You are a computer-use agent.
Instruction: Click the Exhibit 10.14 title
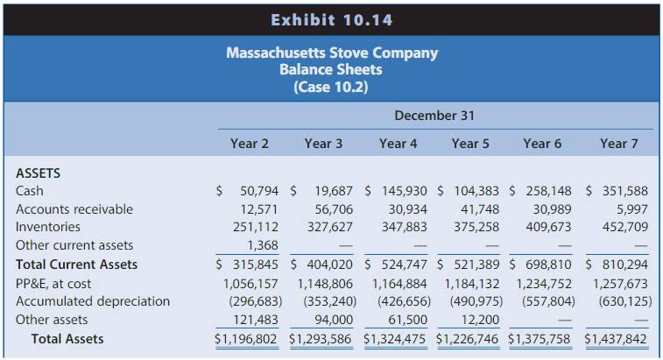pyautogui.click(x=331, y=19)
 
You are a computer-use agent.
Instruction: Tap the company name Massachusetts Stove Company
pyautogui.click(x=332, y=53)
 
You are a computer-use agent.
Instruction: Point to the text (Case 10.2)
pyautogui.click(x=332, y=87)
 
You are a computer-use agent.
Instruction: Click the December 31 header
pyautogui.click(x=432, y=116)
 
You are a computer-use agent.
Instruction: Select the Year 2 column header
pyautogui.click(x=250, y=144)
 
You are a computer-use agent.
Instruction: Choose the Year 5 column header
pyautogui.click(x=470, y=144)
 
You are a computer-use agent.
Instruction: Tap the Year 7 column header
pyautogui.click(x=619, y=144)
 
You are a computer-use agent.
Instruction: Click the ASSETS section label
pyautogui.click(x=39, y=173)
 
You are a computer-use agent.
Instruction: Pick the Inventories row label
pyautogui.click(x=48, y=227)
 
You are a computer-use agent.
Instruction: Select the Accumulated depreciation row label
pyautogui.click(x=93, y=301)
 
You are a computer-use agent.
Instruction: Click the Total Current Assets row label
pyautogui.click(x=77, y=265)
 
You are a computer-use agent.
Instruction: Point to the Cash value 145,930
pyautogui.click(x=404, y=190)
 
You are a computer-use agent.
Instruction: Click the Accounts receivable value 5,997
pyautogui.click(x=631, y=208)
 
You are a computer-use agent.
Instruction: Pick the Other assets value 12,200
pyautogui.click(x=481, y=320)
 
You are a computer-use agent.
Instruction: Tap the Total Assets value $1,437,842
pyautogui.click(x=616, y=339)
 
